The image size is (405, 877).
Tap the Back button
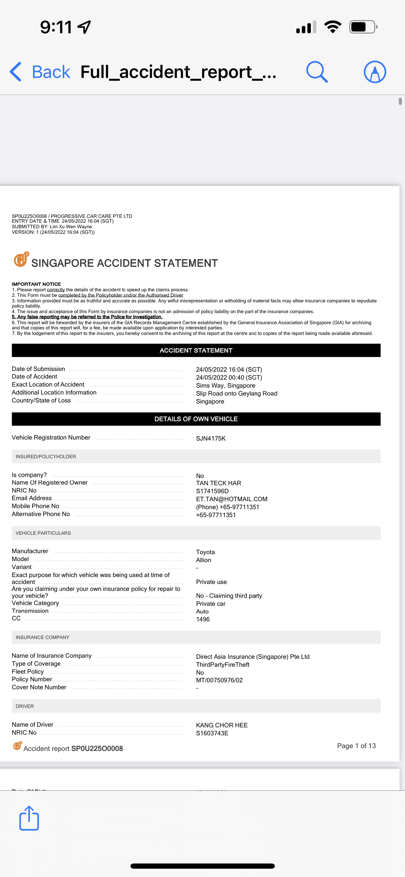tap(40, 72)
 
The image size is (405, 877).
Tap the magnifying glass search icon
tap(317, 72)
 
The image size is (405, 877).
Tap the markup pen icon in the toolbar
tap(375, 72)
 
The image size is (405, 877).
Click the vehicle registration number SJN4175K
tap(211, 438)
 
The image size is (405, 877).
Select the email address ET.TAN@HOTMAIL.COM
tap(232, 499)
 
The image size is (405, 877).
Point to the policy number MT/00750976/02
tap(219, 680)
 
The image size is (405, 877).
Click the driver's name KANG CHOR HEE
tap(222, 725)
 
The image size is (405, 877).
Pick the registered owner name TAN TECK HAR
tap(218, 483)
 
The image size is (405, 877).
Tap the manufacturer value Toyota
tap(205, 552)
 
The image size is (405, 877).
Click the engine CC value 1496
tap(203, 619)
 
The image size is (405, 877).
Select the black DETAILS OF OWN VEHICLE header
tap(196, 419)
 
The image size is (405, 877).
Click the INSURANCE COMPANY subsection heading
tap(43, 637)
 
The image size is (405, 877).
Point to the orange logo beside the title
tap(21, 260)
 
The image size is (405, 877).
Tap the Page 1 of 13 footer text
tap(356, 746)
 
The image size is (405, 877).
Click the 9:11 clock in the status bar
tap(56, 27)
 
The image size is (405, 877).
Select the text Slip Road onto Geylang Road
tap(236, 393)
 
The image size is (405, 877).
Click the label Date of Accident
tap(35, 377)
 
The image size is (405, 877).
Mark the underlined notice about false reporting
tap(87, 317)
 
